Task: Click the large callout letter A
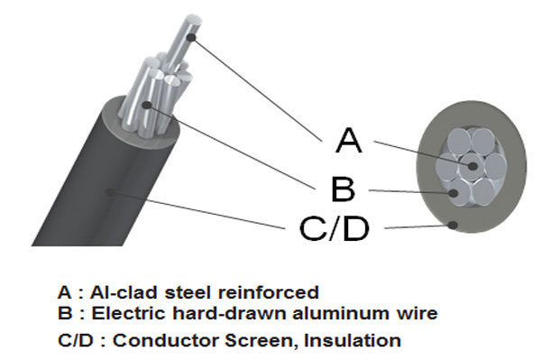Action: (x=349, y=140)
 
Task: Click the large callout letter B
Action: (x=343, y=189)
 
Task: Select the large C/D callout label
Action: (x=335, y=228)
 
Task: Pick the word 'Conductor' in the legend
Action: (x=166, y=340)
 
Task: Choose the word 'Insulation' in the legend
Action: (x=353, y=340)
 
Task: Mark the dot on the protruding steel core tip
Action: (x=192, y=37)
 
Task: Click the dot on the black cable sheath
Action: (x=110, y=192)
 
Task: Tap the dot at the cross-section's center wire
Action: (x=472, y=166)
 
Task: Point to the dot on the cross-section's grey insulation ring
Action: (x=453, y=226)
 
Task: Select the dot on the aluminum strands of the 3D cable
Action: (x=147, y=105)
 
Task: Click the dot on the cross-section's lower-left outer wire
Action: (x=454, y=193)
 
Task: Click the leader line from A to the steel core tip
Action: (x=257, y=89)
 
